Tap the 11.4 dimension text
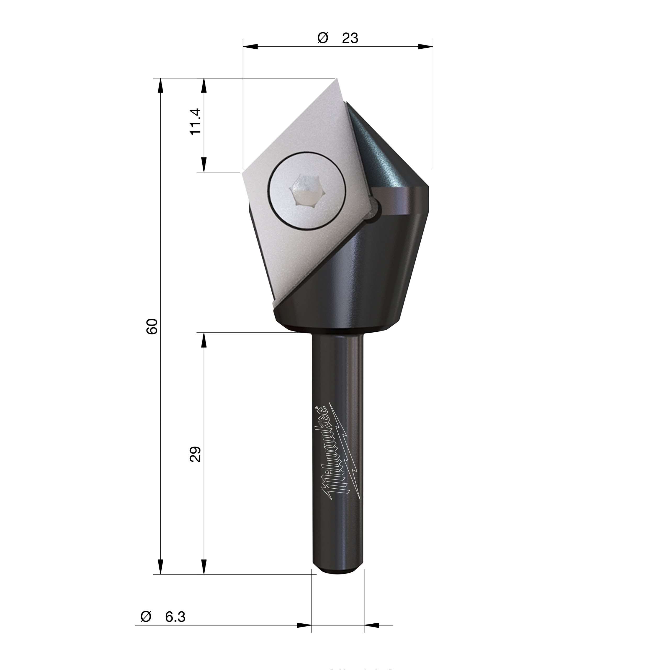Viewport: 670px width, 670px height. [x=196, y=122]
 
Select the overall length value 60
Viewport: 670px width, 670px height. [x=152, y=326]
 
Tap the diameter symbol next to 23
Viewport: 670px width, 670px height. [x=322, y=38]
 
